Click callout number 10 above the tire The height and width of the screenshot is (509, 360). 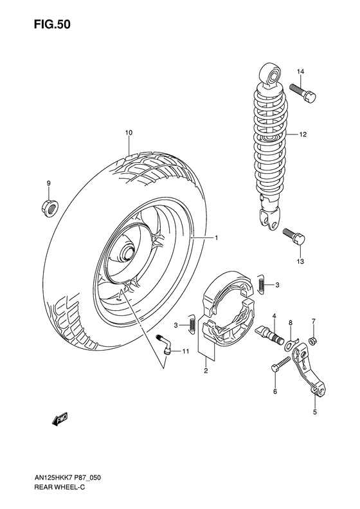click(129, 133)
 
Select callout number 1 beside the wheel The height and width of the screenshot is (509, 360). click(216, 238)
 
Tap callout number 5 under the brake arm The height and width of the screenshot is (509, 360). click(315, 412)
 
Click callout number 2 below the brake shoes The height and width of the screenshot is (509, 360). click(205, 371)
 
